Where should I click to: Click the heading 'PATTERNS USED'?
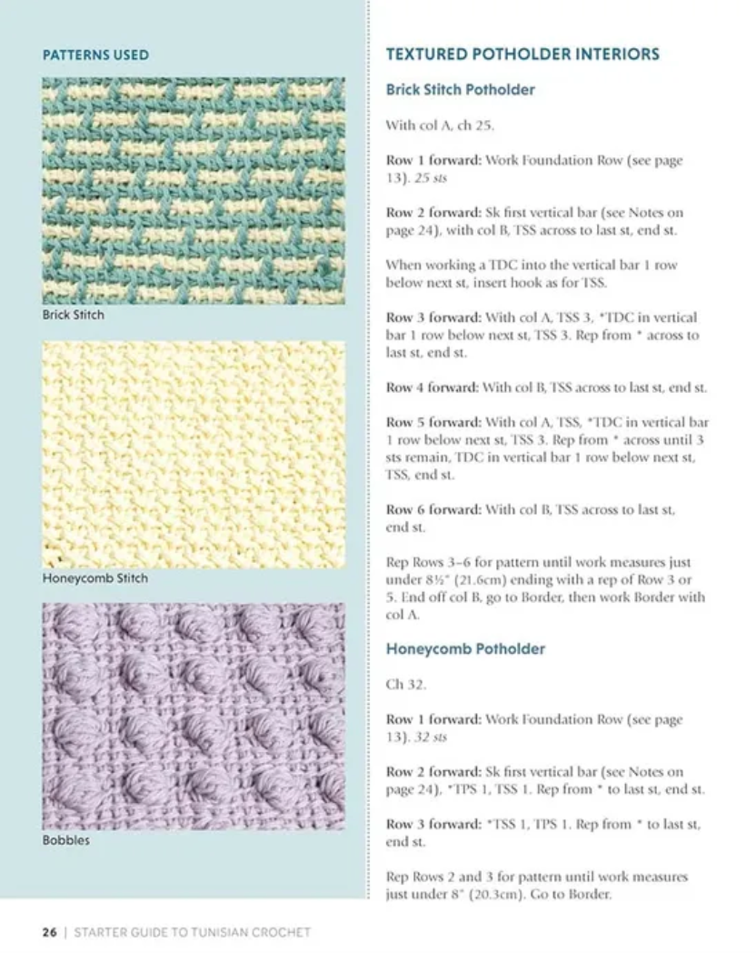click(x=95, y=55)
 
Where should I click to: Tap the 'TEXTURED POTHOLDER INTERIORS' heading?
click(x=522, y=55)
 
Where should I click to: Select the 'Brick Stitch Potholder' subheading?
click(x=460, y=90)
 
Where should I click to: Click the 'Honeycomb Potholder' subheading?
click(x=465, y=649)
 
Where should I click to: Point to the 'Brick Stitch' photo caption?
click(x=73, y=315)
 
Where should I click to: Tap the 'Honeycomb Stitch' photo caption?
click(x=94, y=578)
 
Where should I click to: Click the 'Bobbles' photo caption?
click(x=65, y=840)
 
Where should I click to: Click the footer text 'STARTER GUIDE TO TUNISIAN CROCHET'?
click(x=192, y=932)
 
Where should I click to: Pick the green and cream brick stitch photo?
click(x=193, y=191)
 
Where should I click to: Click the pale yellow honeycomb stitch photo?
click(x=193, y=454)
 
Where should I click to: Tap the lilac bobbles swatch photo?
click(x=193, y=716)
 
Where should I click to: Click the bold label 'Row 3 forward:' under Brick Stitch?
click(x=432, y=317)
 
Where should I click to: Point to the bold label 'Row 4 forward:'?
click(x=432, y=387)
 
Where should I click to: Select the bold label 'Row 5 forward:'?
click(x=432, y=423)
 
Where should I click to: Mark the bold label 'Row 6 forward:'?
click(x=432, y=510)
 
